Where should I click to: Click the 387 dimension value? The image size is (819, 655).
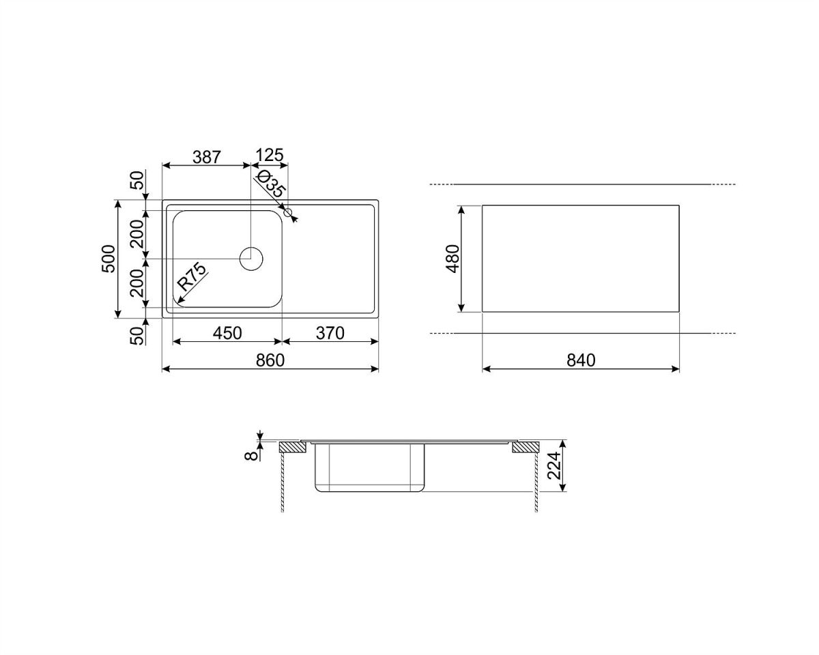[x=207, y=157]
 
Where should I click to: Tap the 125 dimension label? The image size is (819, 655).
[x=270, y=156]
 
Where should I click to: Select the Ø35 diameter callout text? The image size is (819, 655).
[x=270, y=184]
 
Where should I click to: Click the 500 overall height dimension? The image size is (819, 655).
[x=109, y=259]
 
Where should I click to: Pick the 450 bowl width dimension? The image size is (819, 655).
[x=227, y=334]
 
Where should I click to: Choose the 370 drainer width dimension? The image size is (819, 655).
[x=330, y=334]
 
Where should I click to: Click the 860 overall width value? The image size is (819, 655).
[x=270, y=360]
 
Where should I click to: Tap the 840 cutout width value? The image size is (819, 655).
[x=581, y=360]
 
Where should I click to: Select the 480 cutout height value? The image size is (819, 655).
[x=453, y=259]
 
